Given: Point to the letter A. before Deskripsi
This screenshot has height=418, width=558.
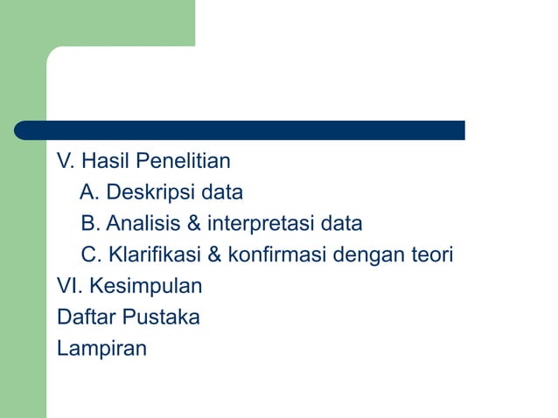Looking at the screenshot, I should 90,192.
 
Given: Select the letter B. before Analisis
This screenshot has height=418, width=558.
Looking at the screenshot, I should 90,224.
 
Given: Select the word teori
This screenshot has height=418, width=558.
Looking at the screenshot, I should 431,255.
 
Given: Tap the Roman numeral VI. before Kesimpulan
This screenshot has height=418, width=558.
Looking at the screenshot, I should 70,286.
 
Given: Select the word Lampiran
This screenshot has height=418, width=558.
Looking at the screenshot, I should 101,349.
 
